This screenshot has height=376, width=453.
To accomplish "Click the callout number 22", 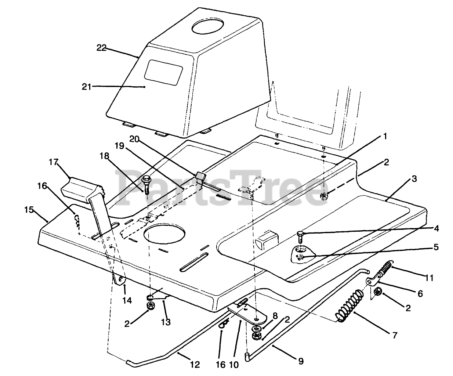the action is (101, 48).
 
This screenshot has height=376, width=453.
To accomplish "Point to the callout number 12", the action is (195, 365).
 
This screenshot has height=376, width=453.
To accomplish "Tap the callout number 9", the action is (301, 361).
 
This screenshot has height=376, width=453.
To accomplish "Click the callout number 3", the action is (414, 179).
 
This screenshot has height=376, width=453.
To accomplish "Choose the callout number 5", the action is (436, 247).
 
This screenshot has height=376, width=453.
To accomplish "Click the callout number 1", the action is (385, 136).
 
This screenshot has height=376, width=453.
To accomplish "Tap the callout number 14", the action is (127, 300).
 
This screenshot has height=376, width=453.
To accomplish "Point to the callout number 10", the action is (233, 365).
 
